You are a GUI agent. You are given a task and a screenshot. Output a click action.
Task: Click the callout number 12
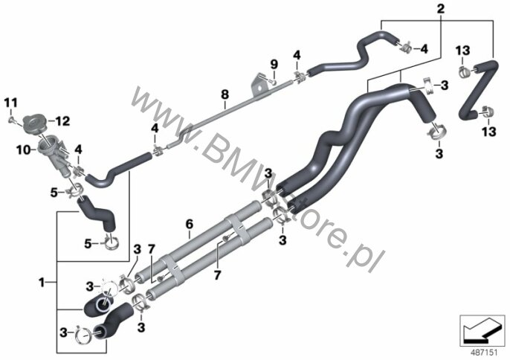[62, 121]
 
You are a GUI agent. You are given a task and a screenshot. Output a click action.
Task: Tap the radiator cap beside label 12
[34, 123]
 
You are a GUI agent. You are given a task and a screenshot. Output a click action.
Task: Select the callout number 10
[23, 150]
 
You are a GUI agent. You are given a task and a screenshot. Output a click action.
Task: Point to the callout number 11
[10, 103]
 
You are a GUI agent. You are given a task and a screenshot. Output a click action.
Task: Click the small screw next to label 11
[10, 120]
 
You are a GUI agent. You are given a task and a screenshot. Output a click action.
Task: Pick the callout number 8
[225, 94]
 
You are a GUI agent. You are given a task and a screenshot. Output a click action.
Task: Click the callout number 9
[274, 64]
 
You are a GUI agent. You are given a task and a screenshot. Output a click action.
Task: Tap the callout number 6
[190, 224]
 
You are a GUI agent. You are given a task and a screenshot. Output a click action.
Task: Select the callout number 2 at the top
[440, 9]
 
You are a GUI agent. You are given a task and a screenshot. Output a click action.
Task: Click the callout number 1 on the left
[42, 282]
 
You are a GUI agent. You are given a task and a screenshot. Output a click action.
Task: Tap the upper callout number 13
[462, 51]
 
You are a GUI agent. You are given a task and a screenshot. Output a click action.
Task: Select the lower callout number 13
[488, 132]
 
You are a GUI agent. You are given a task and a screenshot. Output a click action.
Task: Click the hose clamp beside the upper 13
[465, 71]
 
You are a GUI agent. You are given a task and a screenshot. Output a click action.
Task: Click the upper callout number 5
[54, 193]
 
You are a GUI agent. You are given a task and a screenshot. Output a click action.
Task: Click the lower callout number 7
[217, 275]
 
